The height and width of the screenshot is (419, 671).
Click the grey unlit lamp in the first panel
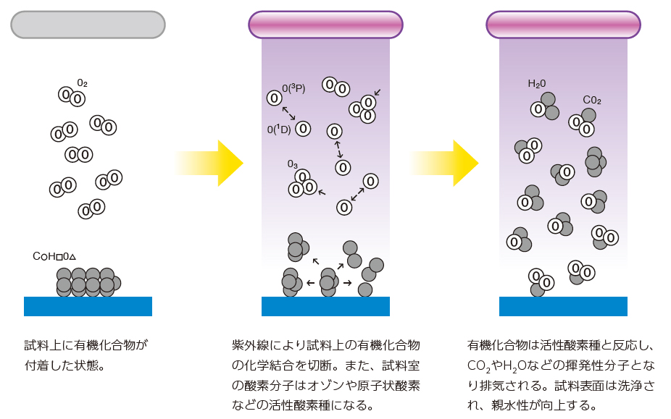click(x=88, y=24)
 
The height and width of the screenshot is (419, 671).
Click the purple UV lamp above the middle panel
click(x=325, y=24)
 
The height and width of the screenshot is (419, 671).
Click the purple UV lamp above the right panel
click(x=563, y=24)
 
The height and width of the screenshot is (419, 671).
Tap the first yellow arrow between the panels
click(x=210, y=163)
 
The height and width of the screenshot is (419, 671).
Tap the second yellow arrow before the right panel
click(x=446, y=163)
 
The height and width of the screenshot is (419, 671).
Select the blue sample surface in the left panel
click(x=88, y=306)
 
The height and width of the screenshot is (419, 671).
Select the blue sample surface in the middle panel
click(x=325, y=306)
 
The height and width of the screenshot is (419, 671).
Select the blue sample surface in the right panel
click(x=563, y=306)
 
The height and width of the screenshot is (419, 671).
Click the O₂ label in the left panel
click(x=82, y=83)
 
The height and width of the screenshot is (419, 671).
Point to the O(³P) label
click(x=293, y=88)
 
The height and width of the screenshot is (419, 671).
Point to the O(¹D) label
click(x=279, y=130)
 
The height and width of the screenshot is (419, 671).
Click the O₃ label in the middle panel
click(x=293, y=164)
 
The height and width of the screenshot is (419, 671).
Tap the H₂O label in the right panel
click(x=537, y=84)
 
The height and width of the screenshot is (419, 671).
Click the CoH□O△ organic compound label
click(x=54, y=256)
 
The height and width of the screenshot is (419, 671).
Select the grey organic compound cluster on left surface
click(x=87, y=282)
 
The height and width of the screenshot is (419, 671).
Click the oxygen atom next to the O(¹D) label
click(x=303, y=129)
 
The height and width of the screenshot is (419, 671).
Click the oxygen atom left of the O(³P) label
click(x=274, y=98)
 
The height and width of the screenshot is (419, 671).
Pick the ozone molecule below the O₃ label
click(x=302, y=184)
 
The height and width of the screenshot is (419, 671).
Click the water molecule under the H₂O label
click(x=545, y=107)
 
